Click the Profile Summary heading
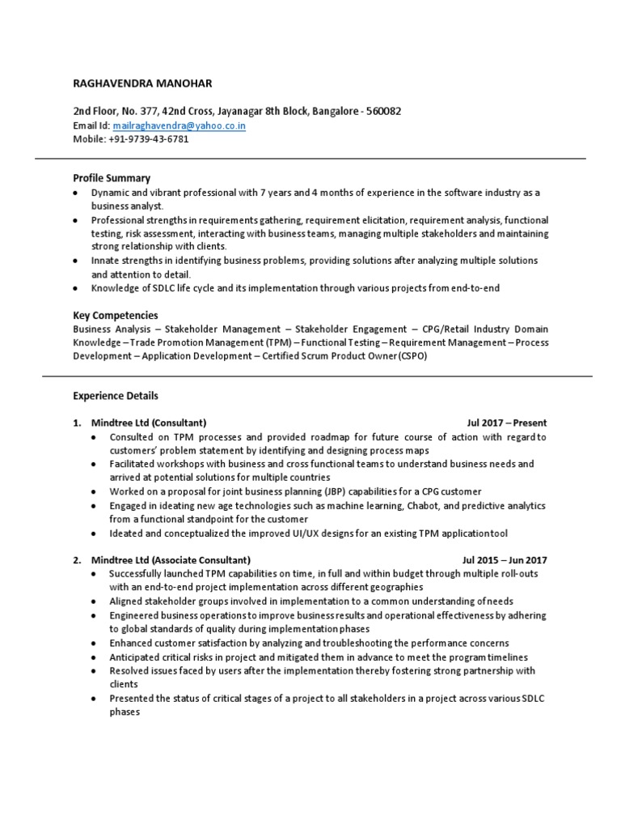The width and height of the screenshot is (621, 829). pyautogui.click(x=112, y=178)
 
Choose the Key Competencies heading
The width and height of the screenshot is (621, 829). pyautogui.click(x=115, y=315)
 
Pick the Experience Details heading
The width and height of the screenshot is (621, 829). pyautogui.click(x=116, y=396)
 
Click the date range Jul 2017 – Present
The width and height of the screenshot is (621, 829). pyautogui.click(x=506, y=423)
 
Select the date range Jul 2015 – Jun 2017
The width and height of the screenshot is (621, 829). pyautogui.click(x=504, y=560)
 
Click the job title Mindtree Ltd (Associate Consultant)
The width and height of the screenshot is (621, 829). pyautogui.click(x=171, y=560)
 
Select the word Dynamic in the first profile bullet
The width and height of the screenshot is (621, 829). pyautogui.click(x=109, y=193)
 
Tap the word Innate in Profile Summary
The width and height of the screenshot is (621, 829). pyautogui.click(x=104, y=261)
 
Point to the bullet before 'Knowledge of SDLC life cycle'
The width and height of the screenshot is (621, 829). pyautogui.click(x=75, y=287)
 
